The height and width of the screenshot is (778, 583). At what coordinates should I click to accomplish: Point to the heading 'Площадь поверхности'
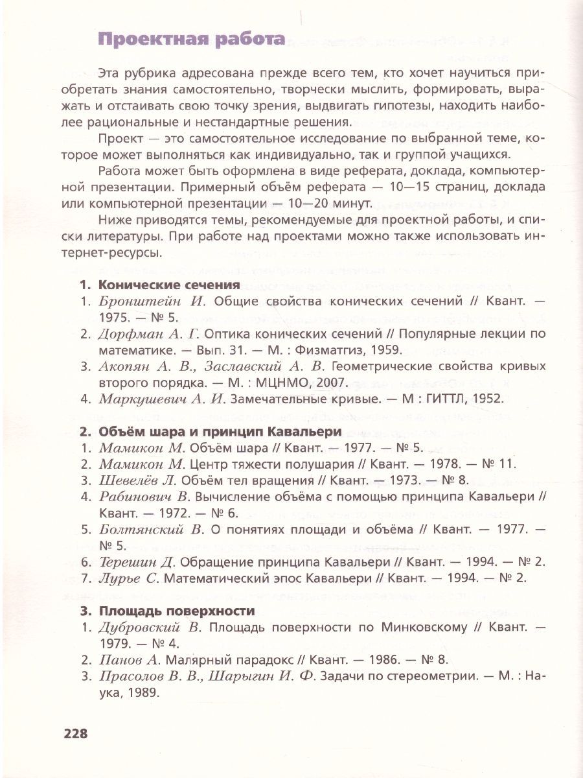pyautogui.click(x=176, y=611)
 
